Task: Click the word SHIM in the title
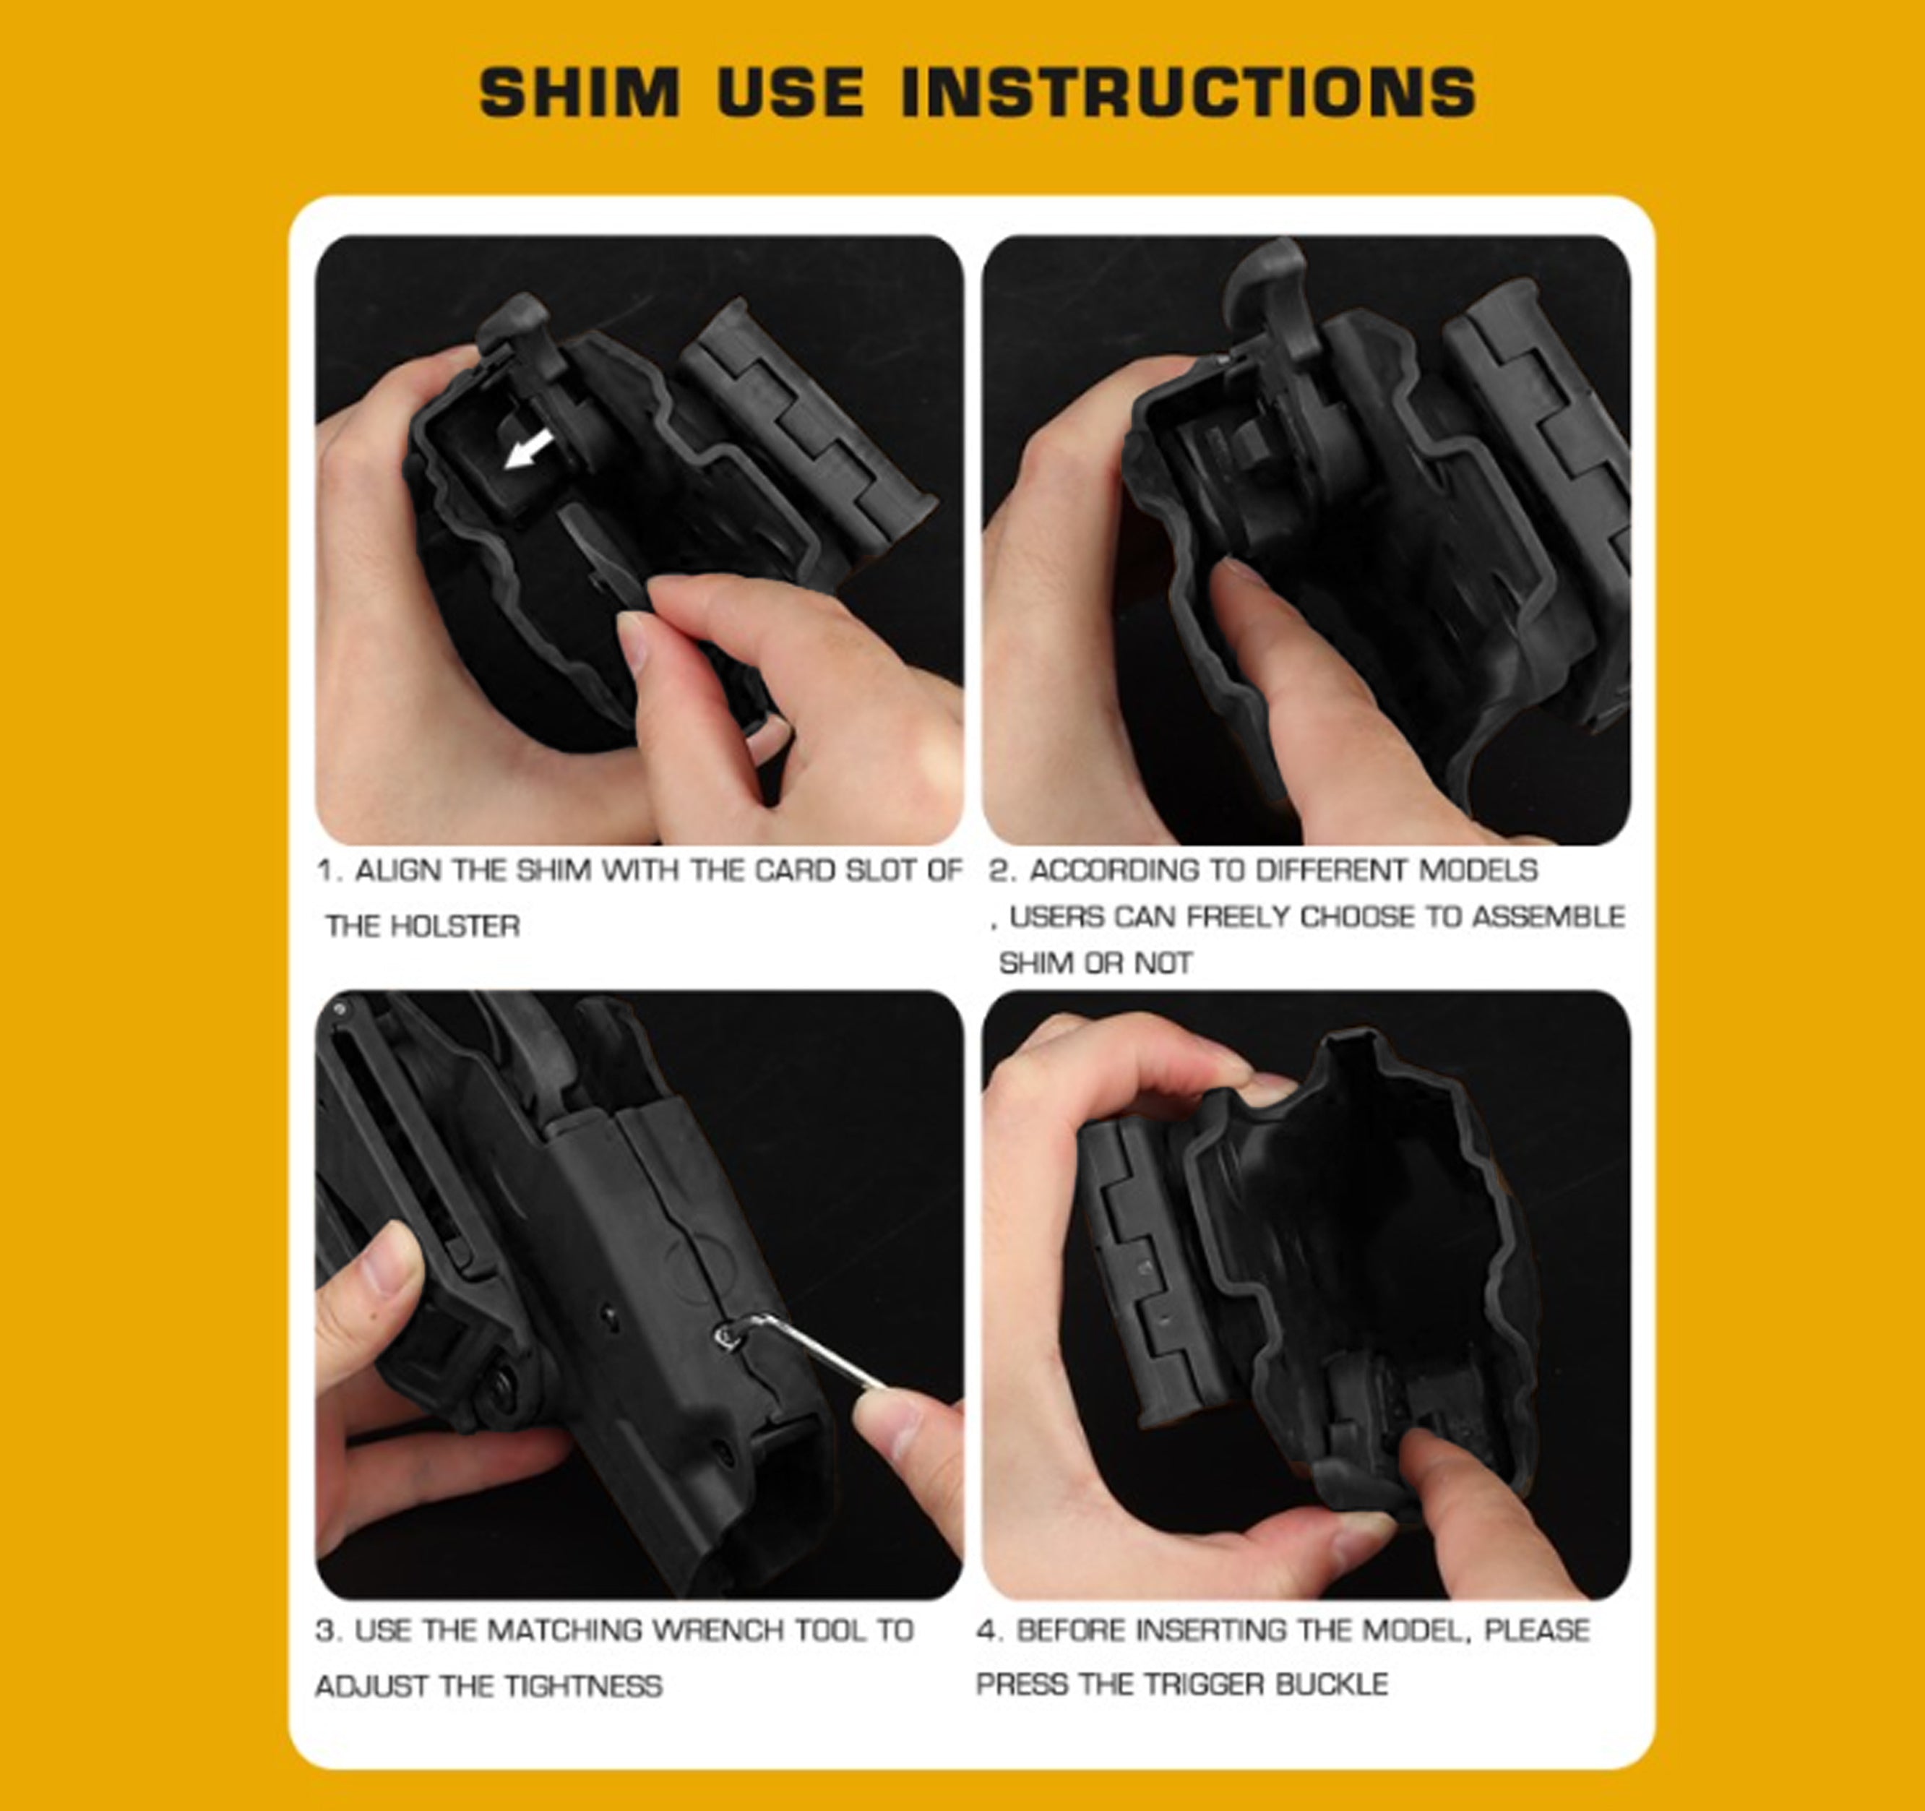click(x=580, y=93)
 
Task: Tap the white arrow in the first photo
click(x=529, y=450)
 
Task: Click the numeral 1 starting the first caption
click(x=327, y=871)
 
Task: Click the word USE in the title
click(x=790, y=93)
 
